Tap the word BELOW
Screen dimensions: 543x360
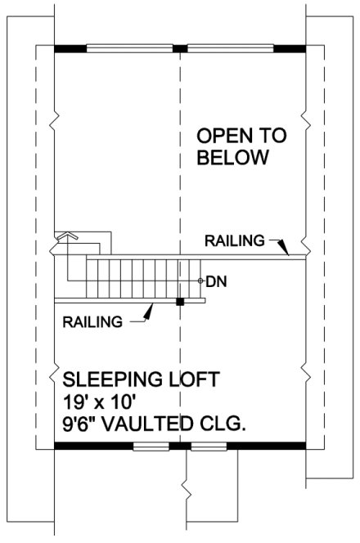(x=233, y=158)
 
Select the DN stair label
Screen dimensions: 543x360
(x=216, y=283)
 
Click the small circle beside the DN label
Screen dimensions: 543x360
(x=200, y=280)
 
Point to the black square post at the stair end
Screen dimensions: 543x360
(x=179, y=302)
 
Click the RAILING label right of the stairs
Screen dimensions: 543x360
(x=235, y=240)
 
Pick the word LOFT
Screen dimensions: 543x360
(x=195, y=380)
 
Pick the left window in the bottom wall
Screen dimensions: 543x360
(x=150, y=447)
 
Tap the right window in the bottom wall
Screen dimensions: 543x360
(x=209, y=447)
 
